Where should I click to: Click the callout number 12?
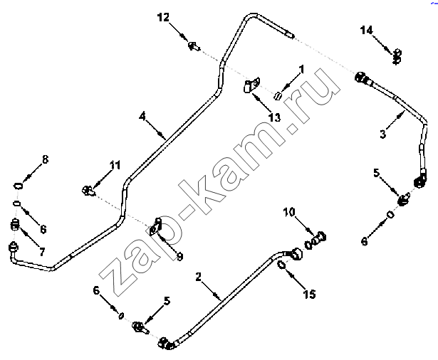point(163,17)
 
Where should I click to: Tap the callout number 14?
point(367,30)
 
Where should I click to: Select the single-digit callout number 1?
point(301,69)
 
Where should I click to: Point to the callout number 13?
point(274,117)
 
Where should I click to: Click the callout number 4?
point(142,116)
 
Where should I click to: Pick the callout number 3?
point(383,134)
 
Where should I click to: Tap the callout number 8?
point(45,159)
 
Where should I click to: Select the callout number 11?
point(115,165)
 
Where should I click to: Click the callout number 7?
point(42,252)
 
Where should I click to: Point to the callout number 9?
point(179,256)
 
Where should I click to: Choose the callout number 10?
point(289,212)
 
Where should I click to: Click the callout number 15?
point(310,294)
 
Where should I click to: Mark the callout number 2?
point(198,277)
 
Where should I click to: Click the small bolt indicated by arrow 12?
point(194,46)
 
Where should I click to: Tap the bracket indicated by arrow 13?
point(251,85)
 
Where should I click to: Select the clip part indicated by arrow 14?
point(397,57)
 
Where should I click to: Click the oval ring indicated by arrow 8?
point(19,186)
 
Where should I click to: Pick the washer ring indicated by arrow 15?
point(281,265)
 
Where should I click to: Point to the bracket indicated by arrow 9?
point(155,227)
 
